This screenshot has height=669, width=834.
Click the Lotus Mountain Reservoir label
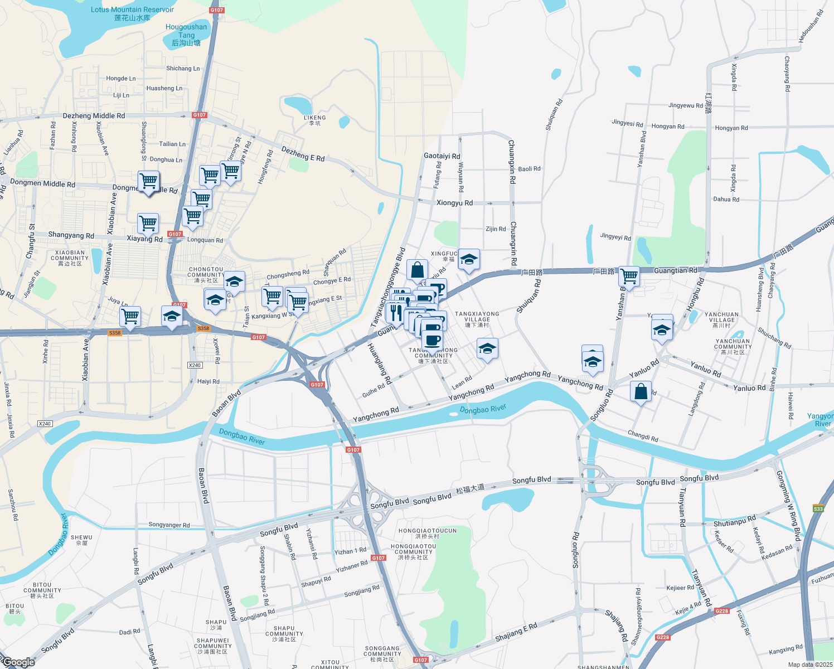point(132,13)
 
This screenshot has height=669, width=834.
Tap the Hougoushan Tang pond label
point(186,35)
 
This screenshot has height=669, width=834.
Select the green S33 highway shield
point(818,508)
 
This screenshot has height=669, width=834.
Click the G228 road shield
point(721,611)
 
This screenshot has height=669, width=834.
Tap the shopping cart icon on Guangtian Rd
point(629,276)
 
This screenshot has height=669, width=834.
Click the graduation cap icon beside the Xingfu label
point(469,259)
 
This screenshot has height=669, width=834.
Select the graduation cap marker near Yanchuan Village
point(662,329)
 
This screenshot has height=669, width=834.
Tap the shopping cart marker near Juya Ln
point(130,317)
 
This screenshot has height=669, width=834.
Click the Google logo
point(18,662)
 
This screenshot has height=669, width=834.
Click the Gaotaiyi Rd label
point(442,156)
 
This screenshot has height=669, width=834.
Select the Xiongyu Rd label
point(454,203)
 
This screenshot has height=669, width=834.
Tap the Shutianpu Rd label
point(735,523)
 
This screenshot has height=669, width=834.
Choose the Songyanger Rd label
point(169,525)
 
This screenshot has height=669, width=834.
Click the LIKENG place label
point(315,120)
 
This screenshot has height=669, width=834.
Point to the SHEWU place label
point(81,540)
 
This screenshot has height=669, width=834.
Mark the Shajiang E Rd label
point(516,632)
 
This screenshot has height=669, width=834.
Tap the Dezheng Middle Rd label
point(94,116)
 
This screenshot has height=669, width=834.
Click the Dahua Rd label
point(726,199)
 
